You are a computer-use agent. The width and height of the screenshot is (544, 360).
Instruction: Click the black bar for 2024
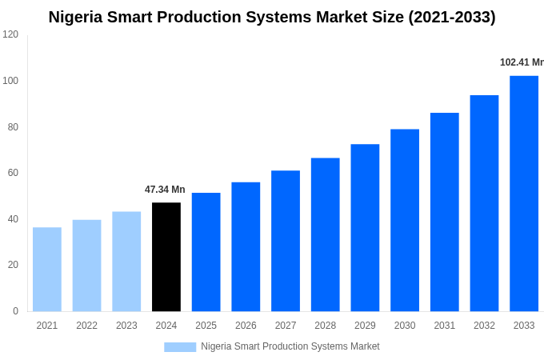[x=166, y=257]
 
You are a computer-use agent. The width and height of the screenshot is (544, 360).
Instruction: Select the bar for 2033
[x=524, y=194]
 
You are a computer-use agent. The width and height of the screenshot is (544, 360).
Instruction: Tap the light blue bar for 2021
[x=47, y=270]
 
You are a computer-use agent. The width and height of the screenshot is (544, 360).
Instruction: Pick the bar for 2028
[x=325, y=234]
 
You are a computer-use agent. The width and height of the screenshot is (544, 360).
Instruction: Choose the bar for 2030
[x=405, y=220]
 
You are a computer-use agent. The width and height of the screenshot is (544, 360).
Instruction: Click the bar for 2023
[x=126, y=262]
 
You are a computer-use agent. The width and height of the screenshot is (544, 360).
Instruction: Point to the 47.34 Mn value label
[x=165, y=190]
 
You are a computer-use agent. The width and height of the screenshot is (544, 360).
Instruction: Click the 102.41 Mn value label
[x=521, y=62]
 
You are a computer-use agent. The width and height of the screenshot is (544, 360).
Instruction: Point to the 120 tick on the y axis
[x=10, y=34]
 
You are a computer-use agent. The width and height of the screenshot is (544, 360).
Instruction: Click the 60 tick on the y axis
[x=13, y=173]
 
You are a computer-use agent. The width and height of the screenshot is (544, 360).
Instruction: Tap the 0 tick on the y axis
[x=15, y=311]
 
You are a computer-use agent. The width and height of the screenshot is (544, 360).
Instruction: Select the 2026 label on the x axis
[x=246, y=326]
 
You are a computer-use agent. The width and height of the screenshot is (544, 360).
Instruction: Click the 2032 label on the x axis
[x=484, y=326]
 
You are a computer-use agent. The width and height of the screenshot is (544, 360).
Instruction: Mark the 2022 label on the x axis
[x=86, y=326]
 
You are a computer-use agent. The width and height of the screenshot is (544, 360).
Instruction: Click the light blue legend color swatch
[x=180, y=346]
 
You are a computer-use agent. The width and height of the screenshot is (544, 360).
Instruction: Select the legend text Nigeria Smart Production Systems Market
[x=290, y=346]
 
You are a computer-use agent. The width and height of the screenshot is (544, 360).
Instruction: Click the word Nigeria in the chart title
[x=77, y=17]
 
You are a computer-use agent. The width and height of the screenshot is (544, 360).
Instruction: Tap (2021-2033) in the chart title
[x=452, y=17]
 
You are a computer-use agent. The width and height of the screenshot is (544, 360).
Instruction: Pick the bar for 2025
[x=206, y=252]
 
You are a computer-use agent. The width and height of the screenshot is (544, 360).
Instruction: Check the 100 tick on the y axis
[x=10, y=81]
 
